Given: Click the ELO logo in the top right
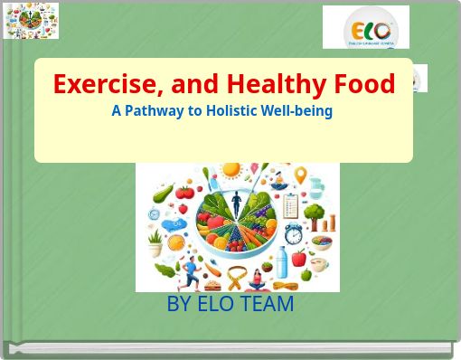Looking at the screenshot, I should [366, 27].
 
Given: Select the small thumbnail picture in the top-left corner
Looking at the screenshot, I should [31, 21].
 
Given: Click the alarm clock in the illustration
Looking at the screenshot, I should [295, 234].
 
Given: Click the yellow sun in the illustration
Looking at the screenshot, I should [232, 169].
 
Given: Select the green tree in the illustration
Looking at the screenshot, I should [315, 213].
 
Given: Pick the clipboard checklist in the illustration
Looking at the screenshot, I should [290, 204].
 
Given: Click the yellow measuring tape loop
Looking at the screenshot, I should [238, 277].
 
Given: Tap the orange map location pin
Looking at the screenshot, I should [300, 175].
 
